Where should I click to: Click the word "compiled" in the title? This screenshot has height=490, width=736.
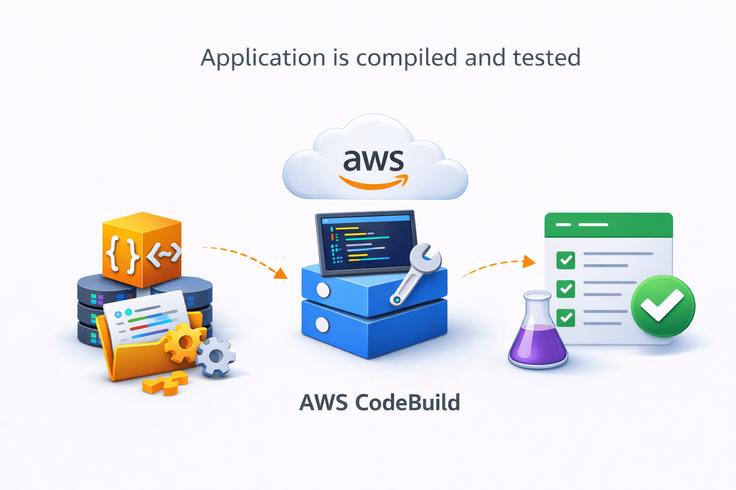click(407, 58)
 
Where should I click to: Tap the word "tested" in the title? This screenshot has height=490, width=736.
click(547, 58)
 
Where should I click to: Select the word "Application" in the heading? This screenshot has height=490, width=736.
click(263, 58)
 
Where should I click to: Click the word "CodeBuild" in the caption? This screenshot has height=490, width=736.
click(407, 402)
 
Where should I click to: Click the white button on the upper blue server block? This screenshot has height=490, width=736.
click(323, 290)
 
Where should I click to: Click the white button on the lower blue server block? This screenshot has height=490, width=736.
click(322, 325)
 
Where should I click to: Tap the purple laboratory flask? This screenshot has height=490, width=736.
click(538, 335)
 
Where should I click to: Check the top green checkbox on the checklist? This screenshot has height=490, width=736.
click(566, 260)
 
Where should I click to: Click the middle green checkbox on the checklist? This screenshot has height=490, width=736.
click(566, 289)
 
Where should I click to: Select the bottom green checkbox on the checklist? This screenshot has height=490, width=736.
click(566, 317)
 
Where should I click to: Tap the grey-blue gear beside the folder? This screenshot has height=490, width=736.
click(216, 356)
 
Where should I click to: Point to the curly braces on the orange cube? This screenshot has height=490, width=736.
click(123, 254)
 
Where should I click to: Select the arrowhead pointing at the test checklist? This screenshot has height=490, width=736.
click(529, 261)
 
